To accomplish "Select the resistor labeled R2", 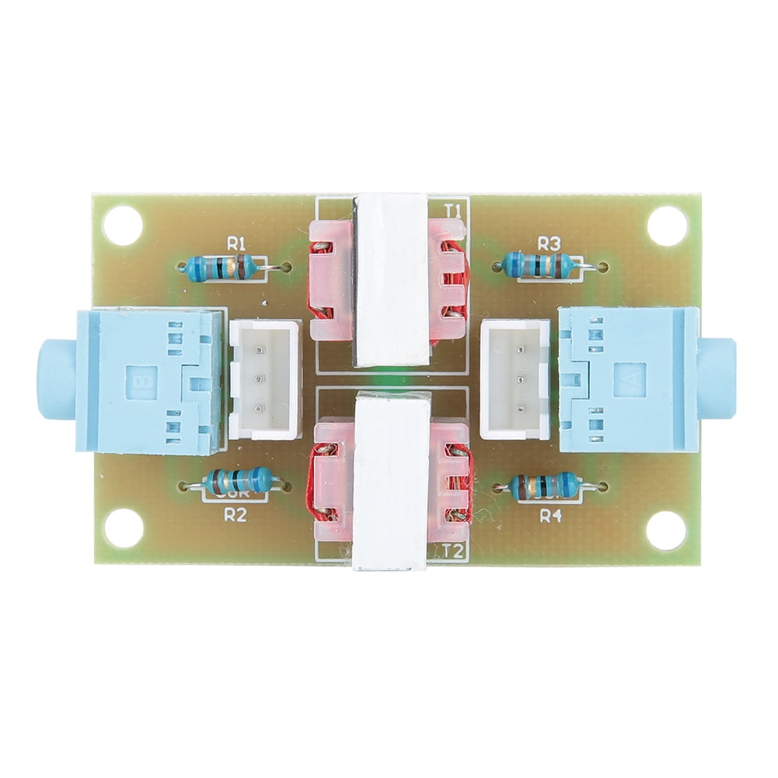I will tap(237, 483).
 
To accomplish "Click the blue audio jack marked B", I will tap(140, 381).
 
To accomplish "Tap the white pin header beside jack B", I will tap(264, 381).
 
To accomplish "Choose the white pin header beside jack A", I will tap(515, 380).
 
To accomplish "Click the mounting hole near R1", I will tap(123, 225).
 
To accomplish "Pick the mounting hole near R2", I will tap(123, 530).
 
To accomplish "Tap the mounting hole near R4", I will tap(666, 531).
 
